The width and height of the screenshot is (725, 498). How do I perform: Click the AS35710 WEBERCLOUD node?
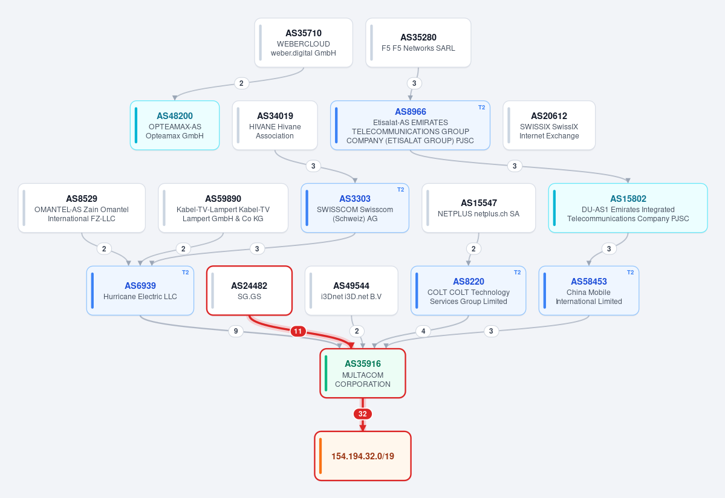304,43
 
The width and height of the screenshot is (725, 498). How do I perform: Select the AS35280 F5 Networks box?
418,43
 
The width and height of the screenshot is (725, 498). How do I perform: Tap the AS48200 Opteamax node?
175,125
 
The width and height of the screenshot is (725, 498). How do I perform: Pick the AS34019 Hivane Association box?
275,125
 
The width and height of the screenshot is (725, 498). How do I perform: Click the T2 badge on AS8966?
481,107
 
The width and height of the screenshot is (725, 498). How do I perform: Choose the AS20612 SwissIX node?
549,125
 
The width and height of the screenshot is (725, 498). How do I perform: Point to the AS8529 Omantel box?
82,208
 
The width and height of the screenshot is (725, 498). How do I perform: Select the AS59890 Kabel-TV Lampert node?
223,208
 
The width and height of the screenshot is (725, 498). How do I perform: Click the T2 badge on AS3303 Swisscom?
400,190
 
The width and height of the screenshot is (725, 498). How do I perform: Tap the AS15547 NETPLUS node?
478,208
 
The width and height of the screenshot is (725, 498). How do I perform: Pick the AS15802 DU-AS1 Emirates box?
628,208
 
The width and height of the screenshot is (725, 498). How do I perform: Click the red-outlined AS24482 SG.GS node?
249,291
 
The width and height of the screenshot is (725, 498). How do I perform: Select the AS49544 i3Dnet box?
351,291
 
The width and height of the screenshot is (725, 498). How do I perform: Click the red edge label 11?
297,331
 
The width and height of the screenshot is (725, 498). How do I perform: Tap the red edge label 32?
363,414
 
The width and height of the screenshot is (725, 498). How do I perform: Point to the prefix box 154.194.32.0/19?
363,456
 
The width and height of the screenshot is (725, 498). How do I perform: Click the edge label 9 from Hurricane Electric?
236,331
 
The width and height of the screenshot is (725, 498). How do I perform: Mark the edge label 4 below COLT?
423,331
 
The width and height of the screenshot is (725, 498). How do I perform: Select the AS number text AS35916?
363,364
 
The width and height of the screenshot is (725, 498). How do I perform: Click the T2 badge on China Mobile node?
630,273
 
